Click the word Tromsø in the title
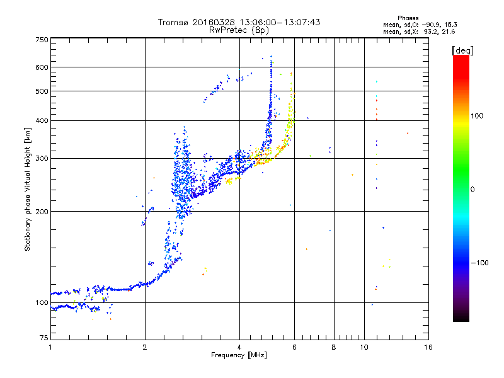pyautogui.click(x=173, y=22)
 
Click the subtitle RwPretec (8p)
pyautogui.click(x=239, y=30)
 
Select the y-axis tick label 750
pyautogui.click(x=42, y=40)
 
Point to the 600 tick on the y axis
pyautogui.click(x=42, y=67)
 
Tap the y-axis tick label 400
pyautogui.click(x=42, y=120)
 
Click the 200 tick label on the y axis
pyautogui.click(x=42, y=212)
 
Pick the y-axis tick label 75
pyautogui.click(x=44, y=338)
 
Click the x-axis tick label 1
pyautogui.click(x=50, y=347)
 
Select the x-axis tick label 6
pyautogui.click(x=294, y=347)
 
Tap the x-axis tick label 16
pyautogui.click(x=428, y=347)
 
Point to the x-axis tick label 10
pyautogui.click(x=364, y=347)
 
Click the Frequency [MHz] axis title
pyautogui.click(x=239, y=355)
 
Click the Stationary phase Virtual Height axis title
pyautogui.click(x=27, y=190)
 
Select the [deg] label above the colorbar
pyautogui.click(x=462, y=50)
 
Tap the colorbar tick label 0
pyautogui.click(x=472, y=189)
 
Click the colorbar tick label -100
pyautogui.click(x=479, y=263)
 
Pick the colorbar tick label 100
pyautogui.click(x=477, y=116)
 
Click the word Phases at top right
pyautogui.click(x=408, y=18)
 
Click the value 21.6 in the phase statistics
pyautogui.click(x=448, y=31)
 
